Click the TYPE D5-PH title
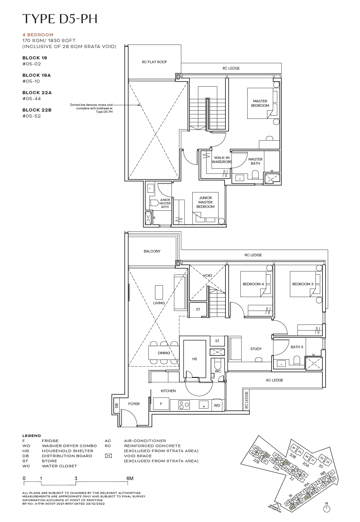tap(60, 19)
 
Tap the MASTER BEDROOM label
tap(260, 103)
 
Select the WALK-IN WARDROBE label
tap(222, 160)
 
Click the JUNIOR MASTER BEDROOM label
tap(205, 202)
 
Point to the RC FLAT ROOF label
tap(154, 62)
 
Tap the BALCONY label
tap(152, 251)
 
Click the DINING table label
tap(164, 353)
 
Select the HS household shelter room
tap(195, 359)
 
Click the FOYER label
tap(134, 404)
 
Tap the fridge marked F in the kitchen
tap(161, 404)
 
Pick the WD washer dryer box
tap(217, 405)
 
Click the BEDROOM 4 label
tap(253, 284)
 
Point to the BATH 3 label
tap(297, 347)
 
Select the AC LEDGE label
tap(274, 380)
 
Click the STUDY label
tap(256, 349)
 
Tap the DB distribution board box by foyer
tap(117, 405)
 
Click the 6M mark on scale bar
tap(129, 478)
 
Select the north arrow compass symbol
tap(327, 508)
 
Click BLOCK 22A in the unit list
tap(37, 93)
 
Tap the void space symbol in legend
tap(108, 456)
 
